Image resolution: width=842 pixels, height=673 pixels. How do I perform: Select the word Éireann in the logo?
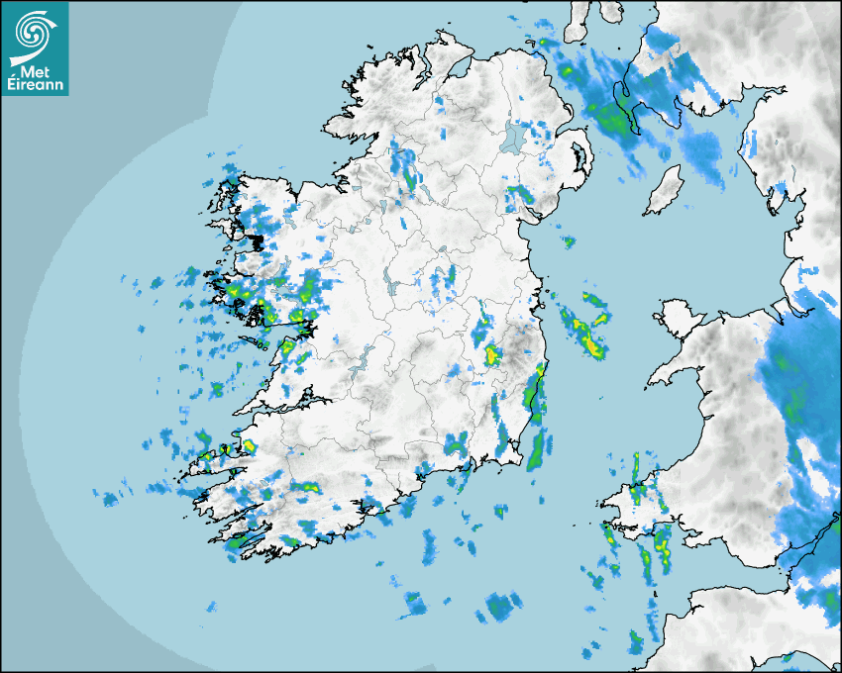[x=35, y=86]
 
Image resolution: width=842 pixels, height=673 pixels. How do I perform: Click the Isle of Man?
[x=664, y=191]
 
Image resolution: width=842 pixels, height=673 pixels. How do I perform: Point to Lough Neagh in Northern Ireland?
[x=514, y=137]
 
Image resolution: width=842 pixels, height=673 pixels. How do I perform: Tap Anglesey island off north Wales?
[x=679, y=317]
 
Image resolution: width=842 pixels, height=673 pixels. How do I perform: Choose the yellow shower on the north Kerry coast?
[x=249, y=446]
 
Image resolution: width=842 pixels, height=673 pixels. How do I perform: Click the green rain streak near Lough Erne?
[x=409, y=179]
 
